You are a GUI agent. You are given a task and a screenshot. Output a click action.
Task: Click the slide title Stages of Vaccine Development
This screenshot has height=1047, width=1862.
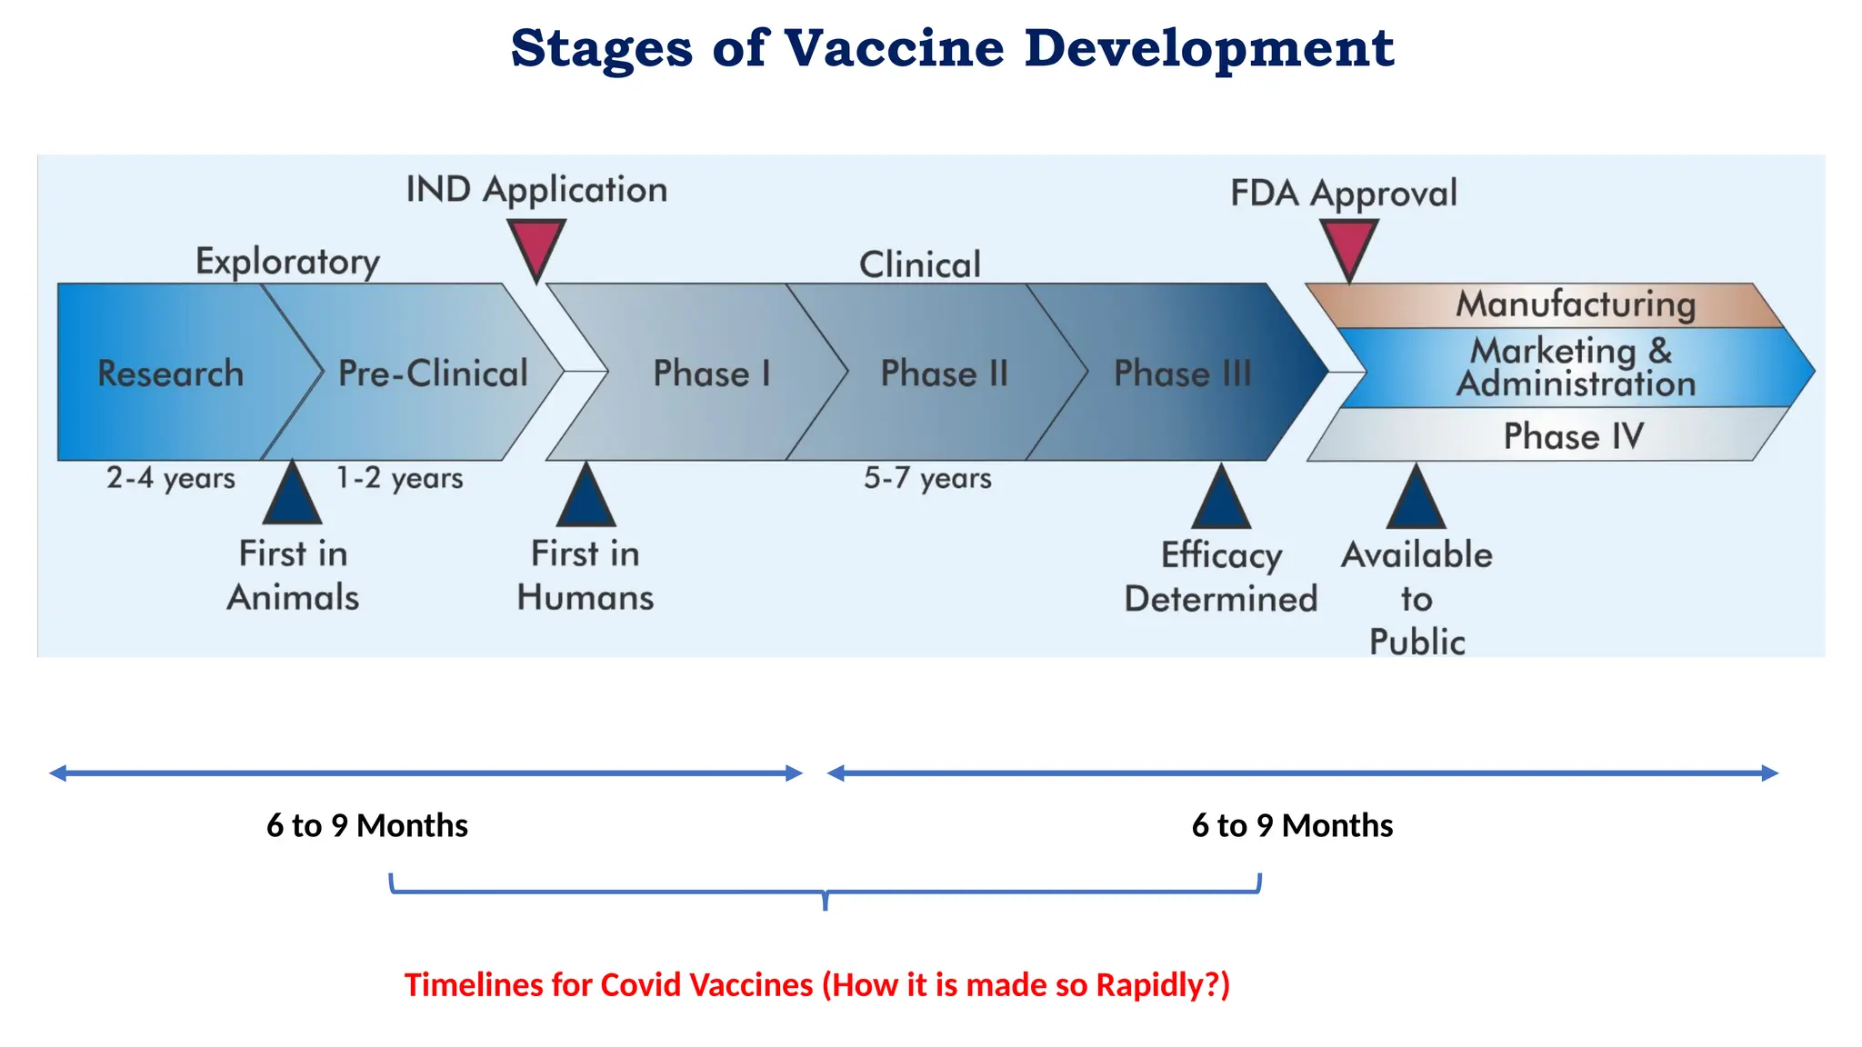point(952,48)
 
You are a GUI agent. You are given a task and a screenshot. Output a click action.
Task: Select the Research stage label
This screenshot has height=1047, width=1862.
point(171,374)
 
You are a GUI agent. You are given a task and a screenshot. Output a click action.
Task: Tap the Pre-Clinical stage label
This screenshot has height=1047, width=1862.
point(433,374)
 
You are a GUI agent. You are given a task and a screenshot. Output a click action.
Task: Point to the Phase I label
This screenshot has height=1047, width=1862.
point(712,374)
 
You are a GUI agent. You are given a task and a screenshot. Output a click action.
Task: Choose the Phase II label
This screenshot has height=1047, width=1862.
point(945,374)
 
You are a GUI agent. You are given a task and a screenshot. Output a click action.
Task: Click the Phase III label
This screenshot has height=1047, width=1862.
point(1183,374)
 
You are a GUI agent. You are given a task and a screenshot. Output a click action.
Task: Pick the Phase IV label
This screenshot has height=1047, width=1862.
point(1573,436)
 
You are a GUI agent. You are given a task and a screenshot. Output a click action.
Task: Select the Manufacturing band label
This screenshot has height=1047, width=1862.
point(1576,304)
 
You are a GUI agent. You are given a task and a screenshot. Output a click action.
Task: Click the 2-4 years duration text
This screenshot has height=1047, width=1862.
point(171,478)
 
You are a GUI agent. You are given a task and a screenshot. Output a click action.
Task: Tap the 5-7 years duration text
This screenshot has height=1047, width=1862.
point(927,478)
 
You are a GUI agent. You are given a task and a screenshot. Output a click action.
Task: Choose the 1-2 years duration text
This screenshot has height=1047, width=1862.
point(400,478)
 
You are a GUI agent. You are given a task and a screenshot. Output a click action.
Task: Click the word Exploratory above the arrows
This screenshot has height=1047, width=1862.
point(288,262)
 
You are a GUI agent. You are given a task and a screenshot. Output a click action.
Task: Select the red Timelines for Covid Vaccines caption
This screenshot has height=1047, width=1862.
point(816,985)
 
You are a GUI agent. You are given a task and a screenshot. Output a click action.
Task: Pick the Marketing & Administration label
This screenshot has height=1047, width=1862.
point(1576,367)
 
